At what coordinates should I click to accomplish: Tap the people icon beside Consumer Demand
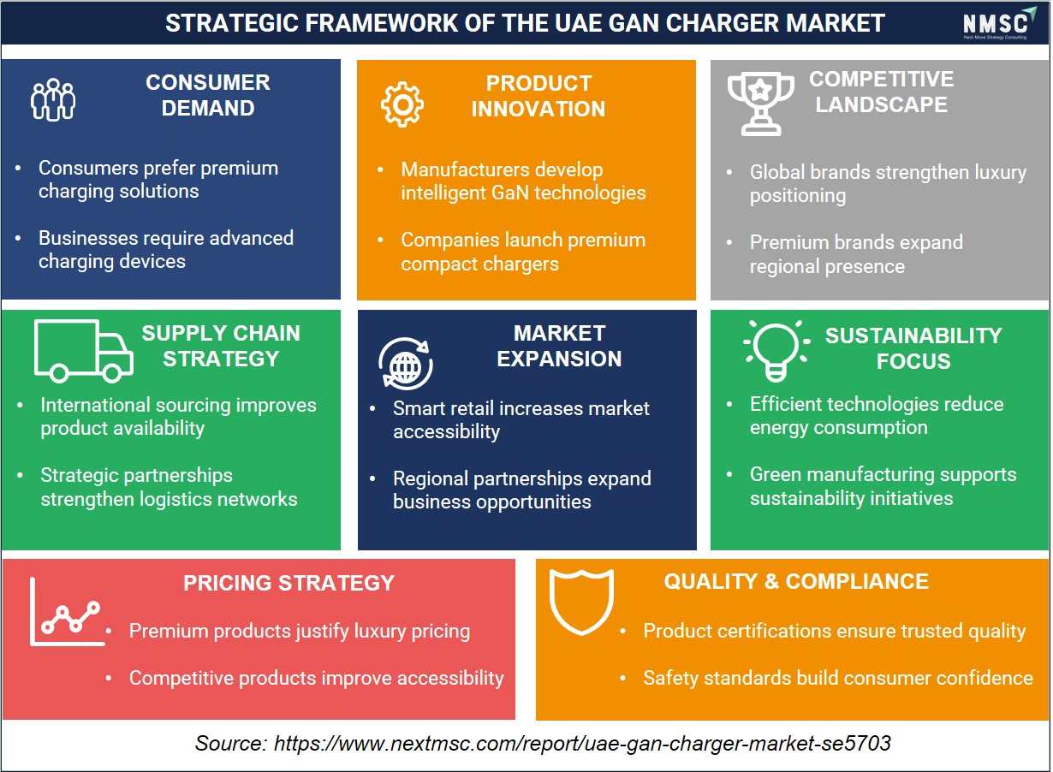(x=53, y=99)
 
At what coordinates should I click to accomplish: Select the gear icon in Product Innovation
(x=402, y=104)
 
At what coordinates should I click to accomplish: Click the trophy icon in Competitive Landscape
(x=760, y=104)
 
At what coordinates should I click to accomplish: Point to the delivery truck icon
(x=84, y=351)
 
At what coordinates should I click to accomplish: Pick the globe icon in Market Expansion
(x=406, y=364)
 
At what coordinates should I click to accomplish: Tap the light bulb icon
(x=776, y=351)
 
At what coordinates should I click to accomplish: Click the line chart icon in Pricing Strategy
(x=68, y=612)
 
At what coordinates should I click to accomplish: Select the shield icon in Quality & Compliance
(x=581, y=602)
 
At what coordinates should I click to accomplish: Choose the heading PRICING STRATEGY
(x=289, y=583)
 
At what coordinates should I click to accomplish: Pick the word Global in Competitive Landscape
(x=778, y=172)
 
